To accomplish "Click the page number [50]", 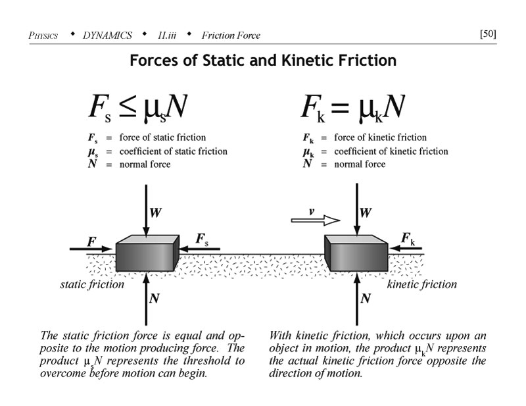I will (488, 34).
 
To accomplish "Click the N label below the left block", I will (155, 298).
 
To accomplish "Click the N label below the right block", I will (366, 298).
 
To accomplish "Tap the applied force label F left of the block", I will (91, 241).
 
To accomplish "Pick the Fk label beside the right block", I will (408, 238).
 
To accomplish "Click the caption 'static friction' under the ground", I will (92, 284).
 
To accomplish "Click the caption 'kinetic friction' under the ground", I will (421, 284).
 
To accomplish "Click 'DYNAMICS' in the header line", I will (107, 35).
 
